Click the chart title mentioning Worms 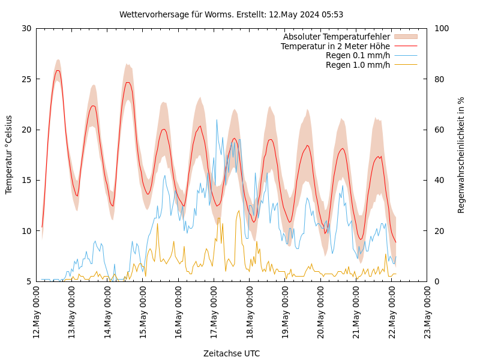click(x=231, y=14)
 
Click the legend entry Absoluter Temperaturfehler click(x=337, y=37)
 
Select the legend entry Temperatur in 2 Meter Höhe click(x=335, y=46)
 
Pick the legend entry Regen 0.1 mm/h click(x=358, y=55)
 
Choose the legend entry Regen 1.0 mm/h click(x=358, y=65)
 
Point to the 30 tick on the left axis click(x=26, y=28)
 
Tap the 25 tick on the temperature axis click(x=26, y=79)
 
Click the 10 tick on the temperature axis click(x=26, y=231)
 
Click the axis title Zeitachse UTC click(x=232, y=353)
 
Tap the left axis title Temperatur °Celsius click(x=9, y=154)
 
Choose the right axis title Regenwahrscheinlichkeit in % click(x=461, y=154)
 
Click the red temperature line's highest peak click(x=58, y=70)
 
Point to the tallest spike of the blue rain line click(x=217, y=119)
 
